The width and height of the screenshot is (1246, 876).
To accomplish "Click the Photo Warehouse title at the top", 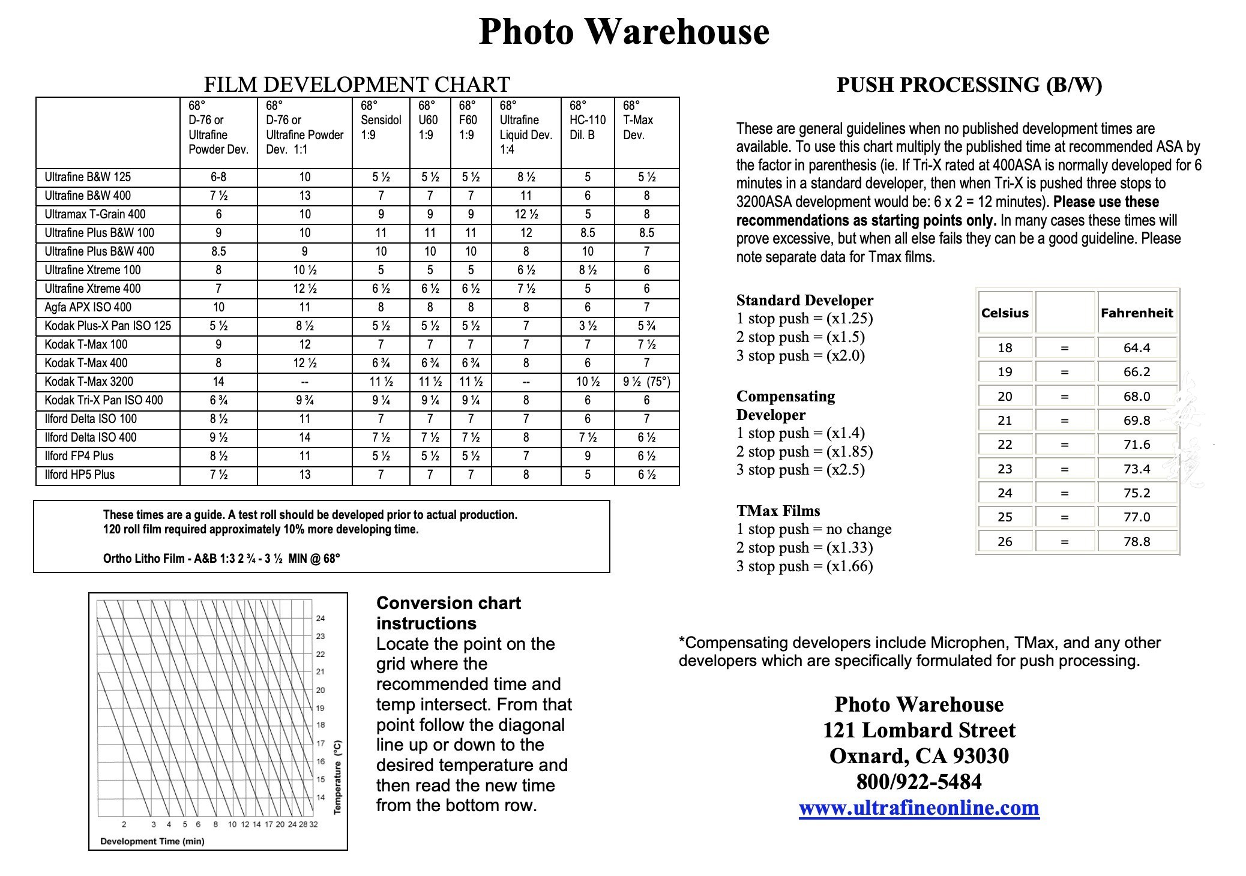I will [x=624, y=31].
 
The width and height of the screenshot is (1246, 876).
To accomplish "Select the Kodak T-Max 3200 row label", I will [x=89, y=382].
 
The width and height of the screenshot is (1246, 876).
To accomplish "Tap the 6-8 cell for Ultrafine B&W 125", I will [x=218, y=177].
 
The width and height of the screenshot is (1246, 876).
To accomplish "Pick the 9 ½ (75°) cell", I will [x=646, y=382].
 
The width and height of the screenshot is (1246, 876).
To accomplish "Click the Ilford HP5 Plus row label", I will [x=79, y=475].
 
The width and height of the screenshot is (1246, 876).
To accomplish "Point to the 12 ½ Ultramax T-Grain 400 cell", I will [x=526, y=214].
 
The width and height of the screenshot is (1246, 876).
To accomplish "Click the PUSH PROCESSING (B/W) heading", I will [x=969, y=85].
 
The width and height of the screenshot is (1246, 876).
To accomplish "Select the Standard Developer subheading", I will [x=804, y=300].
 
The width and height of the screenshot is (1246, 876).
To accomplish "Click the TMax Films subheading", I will [x=778, y=511].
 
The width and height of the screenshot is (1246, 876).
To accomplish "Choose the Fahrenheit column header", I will [x=1136, y=313].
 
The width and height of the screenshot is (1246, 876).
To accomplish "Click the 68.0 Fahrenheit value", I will [x=1136, y=396].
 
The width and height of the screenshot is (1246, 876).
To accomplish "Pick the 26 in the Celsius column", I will [x=1005, y=542].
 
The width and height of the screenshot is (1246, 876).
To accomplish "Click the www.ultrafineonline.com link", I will [x=918, y=808].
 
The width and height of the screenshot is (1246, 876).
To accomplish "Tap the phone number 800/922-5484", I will [x=918, y=782].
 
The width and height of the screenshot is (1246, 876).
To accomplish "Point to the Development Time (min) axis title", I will [x=152, y=841].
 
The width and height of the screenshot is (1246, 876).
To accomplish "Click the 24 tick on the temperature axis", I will [x=321, y=619].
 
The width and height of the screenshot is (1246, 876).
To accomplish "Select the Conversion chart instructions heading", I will [x=448, y=613].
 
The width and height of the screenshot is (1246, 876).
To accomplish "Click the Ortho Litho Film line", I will [x=221, y=559].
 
